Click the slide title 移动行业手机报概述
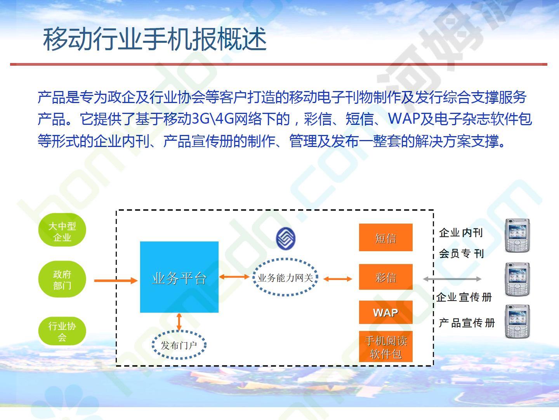155,39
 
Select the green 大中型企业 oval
62,230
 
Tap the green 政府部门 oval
62,279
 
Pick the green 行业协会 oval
62,331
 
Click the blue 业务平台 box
179,277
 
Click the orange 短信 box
385,237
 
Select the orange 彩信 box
385,277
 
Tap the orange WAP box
385,312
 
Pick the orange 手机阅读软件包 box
385,346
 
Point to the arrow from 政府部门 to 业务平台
116,281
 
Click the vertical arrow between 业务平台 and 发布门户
179,322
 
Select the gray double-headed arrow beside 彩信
452,279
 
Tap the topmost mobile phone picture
517,236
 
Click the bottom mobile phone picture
517,321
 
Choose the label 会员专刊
461,254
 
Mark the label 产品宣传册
467,323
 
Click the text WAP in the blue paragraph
404,119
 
